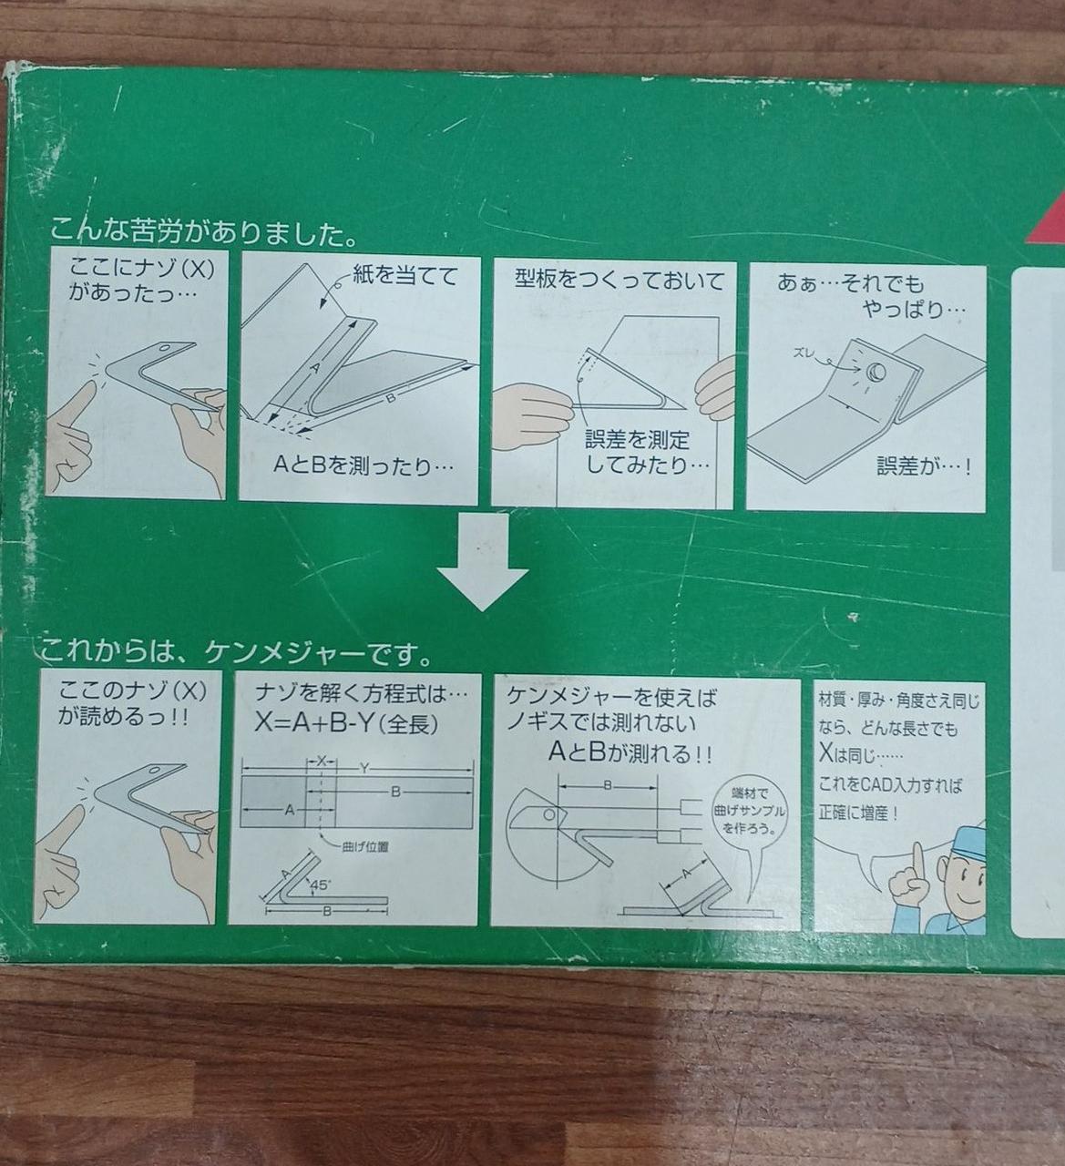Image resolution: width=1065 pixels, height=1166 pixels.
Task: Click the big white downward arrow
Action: coord(483,561)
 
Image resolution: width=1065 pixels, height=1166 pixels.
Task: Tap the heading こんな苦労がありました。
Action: coord(203,231)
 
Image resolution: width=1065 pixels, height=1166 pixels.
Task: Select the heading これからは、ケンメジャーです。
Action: coord(235,653)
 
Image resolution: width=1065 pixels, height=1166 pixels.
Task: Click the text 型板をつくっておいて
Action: coord(620,281)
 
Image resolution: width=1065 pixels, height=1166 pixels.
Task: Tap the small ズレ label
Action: coord(807,353)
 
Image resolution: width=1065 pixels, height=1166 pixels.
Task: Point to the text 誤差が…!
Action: coord(924,466)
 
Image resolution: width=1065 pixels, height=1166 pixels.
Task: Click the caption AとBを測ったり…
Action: coord(363,465)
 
